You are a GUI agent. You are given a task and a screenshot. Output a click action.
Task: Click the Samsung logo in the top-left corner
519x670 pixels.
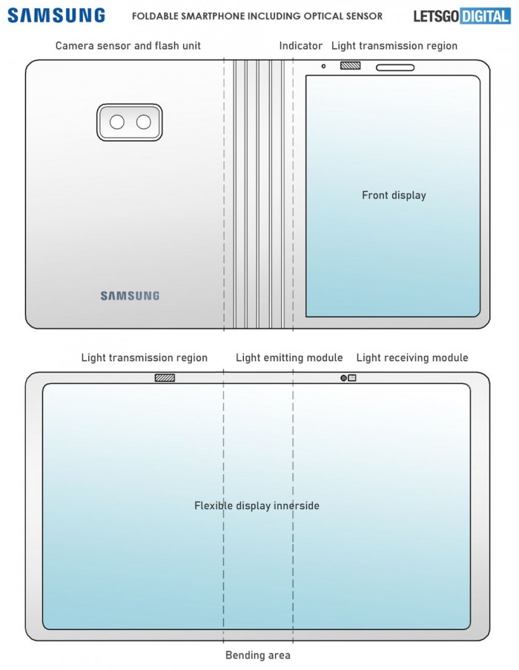coord(57,16)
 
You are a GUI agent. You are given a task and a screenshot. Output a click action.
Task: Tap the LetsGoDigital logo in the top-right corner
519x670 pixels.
coord(462,16)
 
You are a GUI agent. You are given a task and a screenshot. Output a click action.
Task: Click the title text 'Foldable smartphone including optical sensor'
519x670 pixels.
coord(257,16)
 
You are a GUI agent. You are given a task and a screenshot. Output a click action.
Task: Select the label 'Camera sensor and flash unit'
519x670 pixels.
coord(128,46)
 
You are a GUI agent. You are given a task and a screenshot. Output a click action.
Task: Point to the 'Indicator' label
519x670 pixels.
coord(300,46)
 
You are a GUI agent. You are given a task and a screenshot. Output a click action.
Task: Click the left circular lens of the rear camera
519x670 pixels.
coord(117,122)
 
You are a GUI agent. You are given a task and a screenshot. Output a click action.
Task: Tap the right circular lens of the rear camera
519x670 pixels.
coord(143,122)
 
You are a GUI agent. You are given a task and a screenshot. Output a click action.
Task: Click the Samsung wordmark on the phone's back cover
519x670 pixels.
coord(130,296)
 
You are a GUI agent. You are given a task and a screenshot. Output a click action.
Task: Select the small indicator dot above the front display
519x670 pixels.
coord(323,66)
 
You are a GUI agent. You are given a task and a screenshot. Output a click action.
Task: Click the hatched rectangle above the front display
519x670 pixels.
coord(350,66)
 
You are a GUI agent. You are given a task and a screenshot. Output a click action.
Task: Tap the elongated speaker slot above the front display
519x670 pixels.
coord(395,67)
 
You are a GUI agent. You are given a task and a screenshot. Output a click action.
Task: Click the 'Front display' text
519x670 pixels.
coord(394,196)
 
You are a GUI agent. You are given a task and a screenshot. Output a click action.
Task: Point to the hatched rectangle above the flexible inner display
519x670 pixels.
coord(165,378)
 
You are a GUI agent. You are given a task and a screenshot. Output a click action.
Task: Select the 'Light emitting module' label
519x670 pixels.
coord(289,358)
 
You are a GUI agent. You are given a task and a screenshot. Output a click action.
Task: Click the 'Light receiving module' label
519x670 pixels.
coord(412,358)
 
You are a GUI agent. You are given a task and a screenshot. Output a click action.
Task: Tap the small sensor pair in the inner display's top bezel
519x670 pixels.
coord(348,378)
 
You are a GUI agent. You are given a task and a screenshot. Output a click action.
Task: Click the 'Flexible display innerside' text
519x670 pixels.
coord(257,505)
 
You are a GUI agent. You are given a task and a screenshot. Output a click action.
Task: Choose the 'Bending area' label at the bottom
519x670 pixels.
coord(258,655)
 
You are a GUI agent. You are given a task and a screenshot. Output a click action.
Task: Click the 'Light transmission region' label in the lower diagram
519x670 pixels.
coord(144,358)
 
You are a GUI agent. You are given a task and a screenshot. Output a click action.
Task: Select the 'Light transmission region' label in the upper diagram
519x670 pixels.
coord(394,46)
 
